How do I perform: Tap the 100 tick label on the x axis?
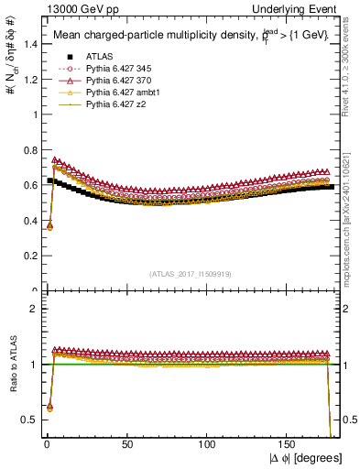coord(208,444)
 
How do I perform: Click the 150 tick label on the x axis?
coord(289,444)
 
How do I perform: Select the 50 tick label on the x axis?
coord(127,444)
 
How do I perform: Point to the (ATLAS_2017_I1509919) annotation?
coord(191,272)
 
